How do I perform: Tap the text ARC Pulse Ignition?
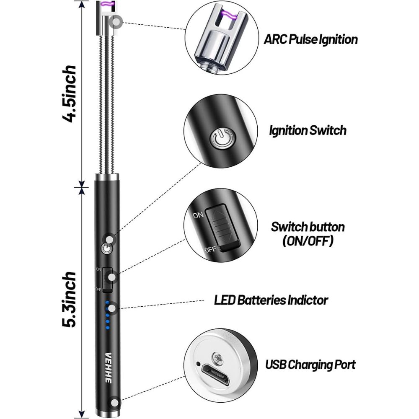point(310,40)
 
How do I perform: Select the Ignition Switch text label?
point(308,130)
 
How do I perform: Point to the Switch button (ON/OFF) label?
point(308,234)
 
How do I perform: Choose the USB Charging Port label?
point(310,364)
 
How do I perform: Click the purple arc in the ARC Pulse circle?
point(228,16)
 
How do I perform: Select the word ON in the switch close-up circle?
point(198,215)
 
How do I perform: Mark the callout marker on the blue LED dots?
point(111,309)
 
